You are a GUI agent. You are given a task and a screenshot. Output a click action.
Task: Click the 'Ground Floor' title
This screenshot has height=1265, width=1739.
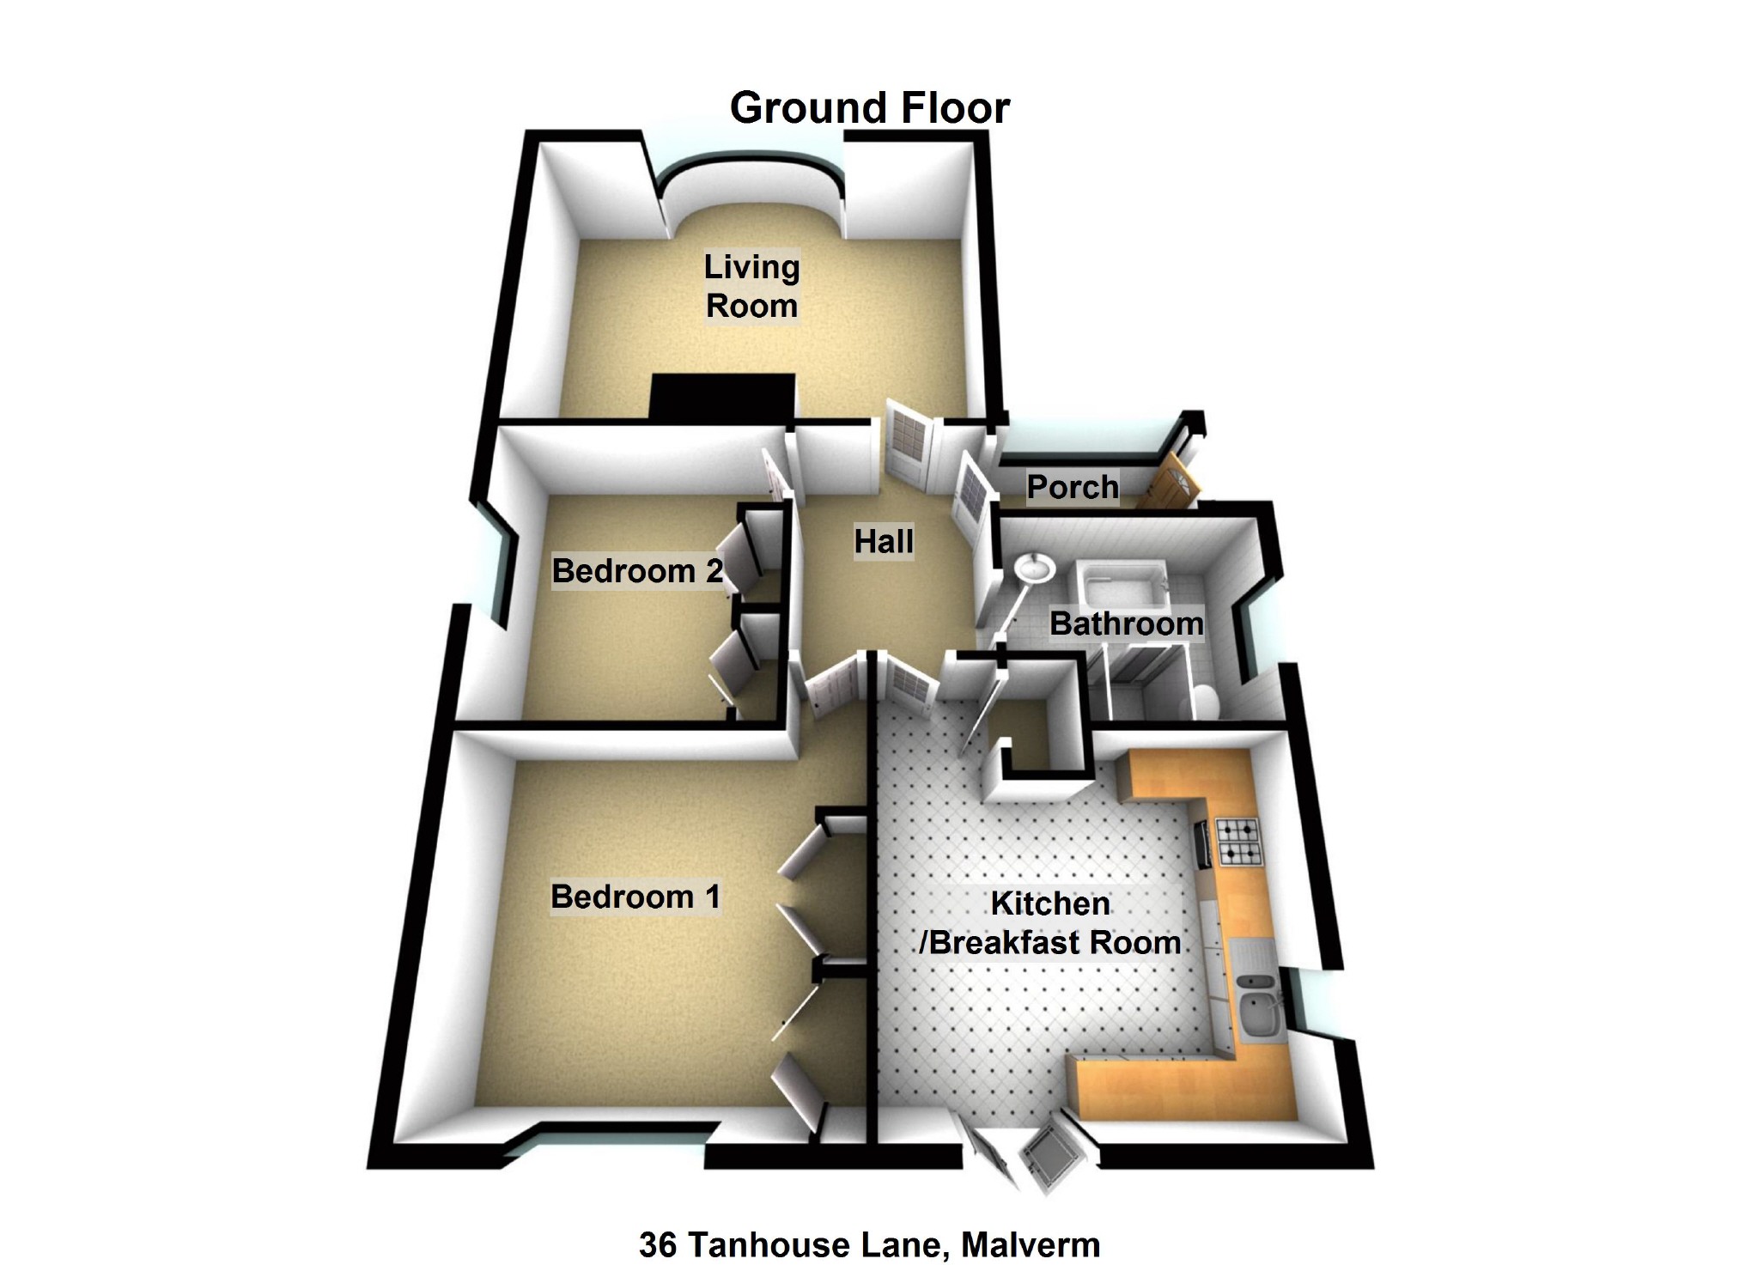click(869, 108)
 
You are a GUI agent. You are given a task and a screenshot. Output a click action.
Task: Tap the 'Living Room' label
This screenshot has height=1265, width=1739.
click(751, 286)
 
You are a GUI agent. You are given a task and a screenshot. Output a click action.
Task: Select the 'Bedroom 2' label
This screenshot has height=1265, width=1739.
click(637, 571)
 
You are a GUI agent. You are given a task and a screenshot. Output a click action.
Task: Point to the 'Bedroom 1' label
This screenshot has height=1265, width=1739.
click(635, 897)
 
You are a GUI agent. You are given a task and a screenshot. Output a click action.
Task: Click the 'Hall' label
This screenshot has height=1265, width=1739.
click(884, 541)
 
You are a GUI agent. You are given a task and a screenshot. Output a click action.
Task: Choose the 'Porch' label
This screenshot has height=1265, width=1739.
click(1073, 487)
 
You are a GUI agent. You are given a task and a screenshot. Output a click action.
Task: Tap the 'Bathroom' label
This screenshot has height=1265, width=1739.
click(1126, 623)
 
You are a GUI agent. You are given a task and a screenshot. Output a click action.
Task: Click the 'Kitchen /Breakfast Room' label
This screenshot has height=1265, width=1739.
click(1050, 923)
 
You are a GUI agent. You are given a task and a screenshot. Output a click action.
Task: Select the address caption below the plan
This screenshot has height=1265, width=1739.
click(869, 1244)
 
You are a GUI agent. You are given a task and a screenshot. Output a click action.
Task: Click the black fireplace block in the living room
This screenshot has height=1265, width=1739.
click(721, 398)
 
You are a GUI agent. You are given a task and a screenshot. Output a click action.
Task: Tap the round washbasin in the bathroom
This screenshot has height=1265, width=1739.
click(1033, 568)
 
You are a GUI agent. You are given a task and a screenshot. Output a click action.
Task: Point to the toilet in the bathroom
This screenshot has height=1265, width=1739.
click(1202, 701)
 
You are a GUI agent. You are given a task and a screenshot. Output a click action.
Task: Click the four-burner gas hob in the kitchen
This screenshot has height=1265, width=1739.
click(1237, 842)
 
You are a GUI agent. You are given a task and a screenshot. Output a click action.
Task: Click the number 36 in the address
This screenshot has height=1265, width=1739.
click(658, 1244)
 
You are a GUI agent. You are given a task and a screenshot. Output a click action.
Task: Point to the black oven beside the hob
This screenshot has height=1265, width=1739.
click(1201, 842)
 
